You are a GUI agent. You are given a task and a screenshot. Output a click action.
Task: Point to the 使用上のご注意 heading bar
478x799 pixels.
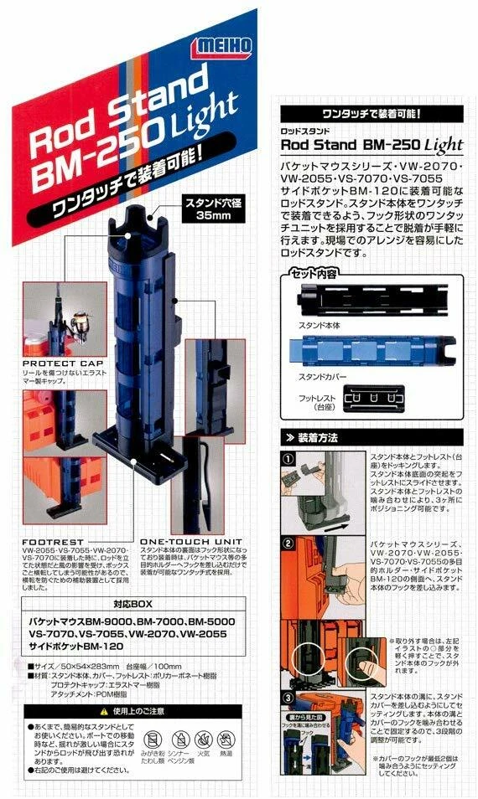134,711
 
